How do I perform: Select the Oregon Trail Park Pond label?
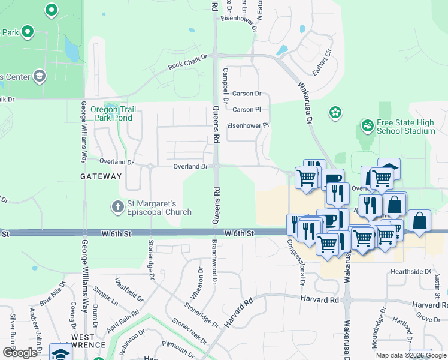(113, 113)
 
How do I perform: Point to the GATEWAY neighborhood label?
(101, 176)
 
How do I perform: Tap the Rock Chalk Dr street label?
(187, 61)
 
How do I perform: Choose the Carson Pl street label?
(247, 109)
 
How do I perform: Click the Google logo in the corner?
(20, 352)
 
